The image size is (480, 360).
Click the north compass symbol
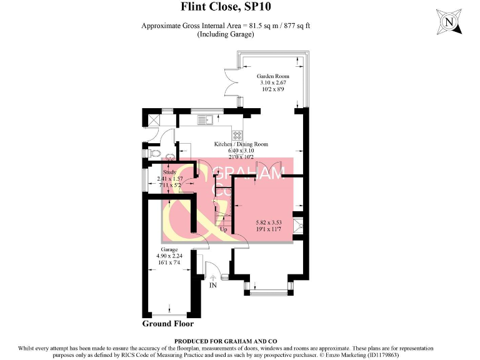[x=448, y=22]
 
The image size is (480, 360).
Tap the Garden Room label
[x=274, y=76]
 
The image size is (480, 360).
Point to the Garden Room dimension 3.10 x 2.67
[x=274, y=82]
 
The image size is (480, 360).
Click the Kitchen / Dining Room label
[x=241, y=144]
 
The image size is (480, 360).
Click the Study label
[x=170, y=172]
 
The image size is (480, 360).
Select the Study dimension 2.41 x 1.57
[x=170, y=179]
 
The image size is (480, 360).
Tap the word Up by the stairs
[x=223, y=229]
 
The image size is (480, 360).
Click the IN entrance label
[x=214, y=285]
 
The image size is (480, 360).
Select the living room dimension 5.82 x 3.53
[x=269, y=223]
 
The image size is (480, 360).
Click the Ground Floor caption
[x=168, y=324]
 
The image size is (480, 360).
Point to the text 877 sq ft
[x=296, y=26]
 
